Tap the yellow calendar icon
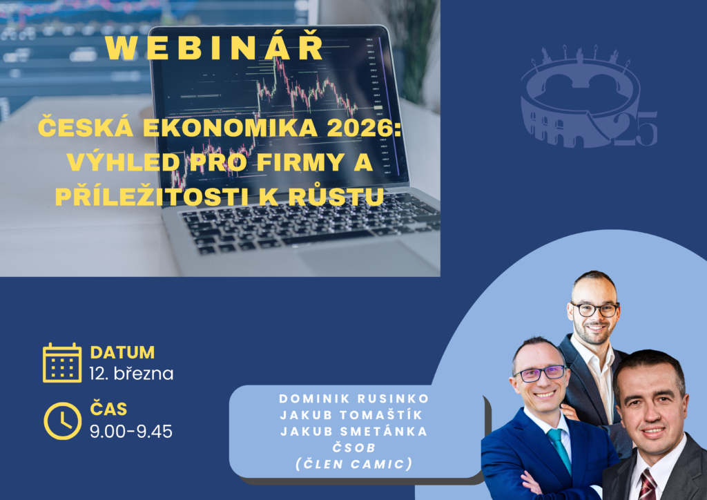[62, 363]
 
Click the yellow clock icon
[63, 421]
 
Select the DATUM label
[122, 352]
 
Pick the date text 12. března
[131, 374]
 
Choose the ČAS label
[108, 408]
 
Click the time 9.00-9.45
[130, 432]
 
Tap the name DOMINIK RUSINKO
[354, 398]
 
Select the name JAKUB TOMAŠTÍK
[351, 414]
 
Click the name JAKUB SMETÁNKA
[354, 432]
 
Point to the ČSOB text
[354, 448]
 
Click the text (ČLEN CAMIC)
[354, 464]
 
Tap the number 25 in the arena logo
[635, 128]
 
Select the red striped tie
[648, 485]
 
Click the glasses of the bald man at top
[594, 310]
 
